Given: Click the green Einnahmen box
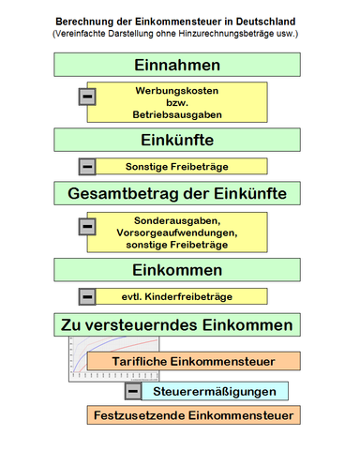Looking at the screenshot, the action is click(177, 65).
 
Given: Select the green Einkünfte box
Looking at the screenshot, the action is click(177, 140).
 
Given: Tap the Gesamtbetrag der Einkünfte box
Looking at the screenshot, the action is click(177, 193).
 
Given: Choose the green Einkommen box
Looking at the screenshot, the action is click(177, 270).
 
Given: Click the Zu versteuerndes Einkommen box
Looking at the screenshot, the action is click(177, 324).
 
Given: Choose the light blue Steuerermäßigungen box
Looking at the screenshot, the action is click(215, 390).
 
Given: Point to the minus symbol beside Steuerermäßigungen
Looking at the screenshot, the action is click(133, 390).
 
